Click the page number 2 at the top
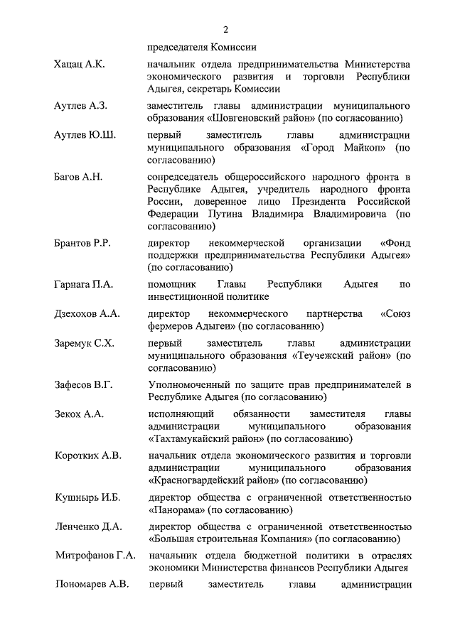225,29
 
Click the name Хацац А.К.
79,65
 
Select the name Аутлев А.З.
80,106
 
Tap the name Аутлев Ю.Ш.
85,135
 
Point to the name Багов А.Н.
78,176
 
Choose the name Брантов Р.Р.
82,243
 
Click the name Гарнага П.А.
83,284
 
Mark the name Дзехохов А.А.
87,313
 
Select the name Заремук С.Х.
85,342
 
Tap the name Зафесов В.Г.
84,384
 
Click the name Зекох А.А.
79,414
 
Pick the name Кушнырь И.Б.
85,497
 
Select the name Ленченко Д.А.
88,526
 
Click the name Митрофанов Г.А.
95,556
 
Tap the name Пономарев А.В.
91,585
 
